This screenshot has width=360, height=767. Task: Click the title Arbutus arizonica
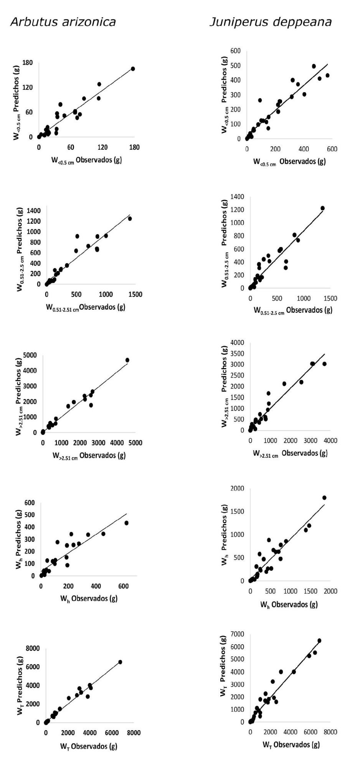click(63, 22)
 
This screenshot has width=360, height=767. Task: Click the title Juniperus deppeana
click(271, 22)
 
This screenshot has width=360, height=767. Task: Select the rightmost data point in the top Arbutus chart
click(133, 69)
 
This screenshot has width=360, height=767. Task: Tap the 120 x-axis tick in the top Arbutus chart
click(102, 147)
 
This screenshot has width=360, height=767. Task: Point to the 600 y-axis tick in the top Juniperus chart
click(236, 51)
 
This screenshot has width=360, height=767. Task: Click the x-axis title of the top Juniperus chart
click(289, 162)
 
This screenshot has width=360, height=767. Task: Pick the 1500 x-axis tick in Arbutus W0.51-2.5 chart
click(135, 295)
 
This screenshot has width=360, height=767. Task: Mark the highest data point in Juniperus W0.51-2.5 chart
click(322, 208)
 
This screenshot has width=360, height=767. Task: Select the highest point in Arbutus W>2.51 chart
click(127, 360)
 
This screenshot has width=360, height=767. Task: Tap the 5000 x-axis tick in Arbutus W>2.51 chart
click(135, 443)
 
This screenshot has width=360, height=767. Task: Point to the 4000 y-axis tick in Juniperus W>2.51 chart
click(237, 342)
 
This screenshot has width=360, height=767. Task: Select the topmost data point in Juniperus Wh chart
click(324, 498)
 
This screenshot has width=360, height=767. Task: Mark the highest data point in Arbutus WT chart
click(120, 662)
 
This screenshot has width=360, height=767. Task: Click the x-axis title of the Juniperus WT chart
click(291, 745)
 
